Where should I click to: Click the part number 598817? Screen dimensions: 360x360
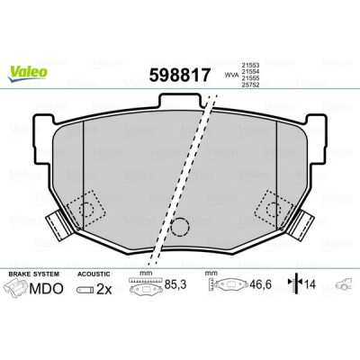(x=179, y=76)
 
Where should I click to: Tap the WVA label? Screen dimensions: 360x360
(x=230, y=75)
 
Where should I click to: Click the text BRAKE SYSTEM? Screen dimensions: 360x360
(x=34, y=274)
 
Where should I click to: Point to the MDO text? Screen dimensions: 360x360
(x=47, y=289)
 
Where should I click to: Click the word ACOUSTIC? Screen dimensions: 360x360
(x=94, y=274)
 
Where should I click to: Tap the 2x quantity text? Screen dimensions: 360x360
(x=103, y=290)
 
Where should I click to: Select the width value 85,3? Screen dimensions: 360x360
(x=175, y=284)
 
